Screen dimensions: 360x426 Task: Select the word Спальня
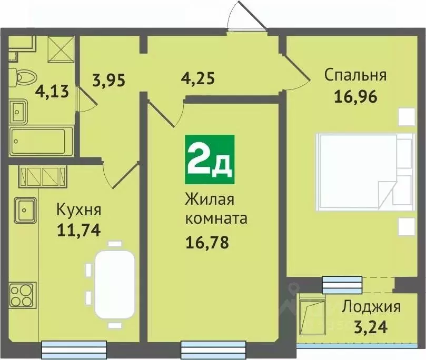355,75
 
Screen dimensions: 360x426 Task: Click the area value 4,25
197,80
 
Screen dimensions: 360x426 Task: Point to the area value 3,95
110,80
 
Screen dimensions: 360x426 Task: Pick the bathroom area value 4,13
52,92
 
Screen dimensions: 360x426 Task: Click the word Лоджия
371,306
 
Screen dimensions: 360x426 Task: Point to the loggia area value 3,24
371,327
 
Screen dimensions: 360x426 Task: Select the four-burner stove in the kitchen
22,294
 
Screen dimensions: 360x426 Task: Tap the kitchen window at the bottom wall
74,348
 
